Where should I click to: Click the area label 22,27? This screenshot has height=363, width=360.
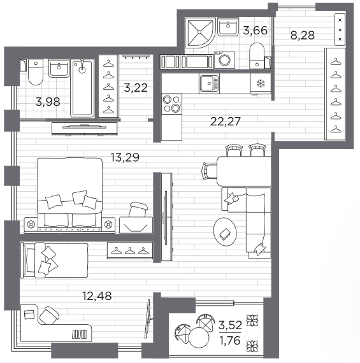click(x=226, y=121)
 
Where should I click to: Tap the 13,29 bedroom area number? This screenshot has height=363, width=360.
click(x=125, y=157)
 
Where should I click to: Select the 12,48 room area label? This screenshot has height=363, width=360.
click(x=97, y=296)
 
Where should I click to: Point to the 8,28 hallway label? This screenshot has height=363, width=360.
click(x=303, y=35)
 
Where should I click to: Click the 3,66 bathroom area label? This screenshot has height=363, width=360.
click(x=256, y=31)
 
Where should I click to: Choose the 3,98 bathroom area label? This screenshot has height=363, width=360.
click(x=48, y=102)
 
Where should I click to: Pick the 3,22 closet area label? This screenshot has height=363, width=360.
click(x=136, y=88)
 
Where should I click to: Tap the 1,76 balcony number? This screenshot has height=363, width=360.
click(x=230, y=341)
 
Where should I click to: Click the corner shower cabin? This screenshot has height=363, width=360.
click(x=201, y=32)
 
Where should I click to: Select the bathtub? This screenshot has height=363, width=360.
click(x=82, y=89)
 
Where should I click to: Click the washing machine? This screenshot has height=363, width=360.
click(x=224, y=60)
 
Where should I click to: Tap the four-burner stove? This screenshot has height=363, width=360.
click(x=171, y=104)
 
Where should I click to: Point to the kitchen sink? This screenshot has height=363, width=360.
click(x=209, y=83)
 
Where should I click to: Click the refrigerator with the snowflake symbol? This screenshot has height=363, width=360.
click(x=261, y=84)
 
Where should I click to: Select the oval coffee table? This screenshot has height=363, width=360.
click(x=225, y=232)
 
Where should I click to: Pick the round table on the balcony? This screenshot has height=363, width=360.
click(x=199, y=338)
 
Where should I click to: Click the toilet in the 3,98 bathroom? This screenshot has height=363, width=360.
click(x=36, y=72)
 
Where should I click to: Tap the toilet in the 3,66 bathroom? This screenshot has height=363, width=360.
click(x=257, y=56)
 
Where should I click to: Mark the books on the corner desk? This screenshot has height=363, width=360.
click(x=79, y=334)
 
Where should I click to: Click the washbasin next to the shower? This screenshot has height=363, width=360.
click(x=228, y=27)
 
